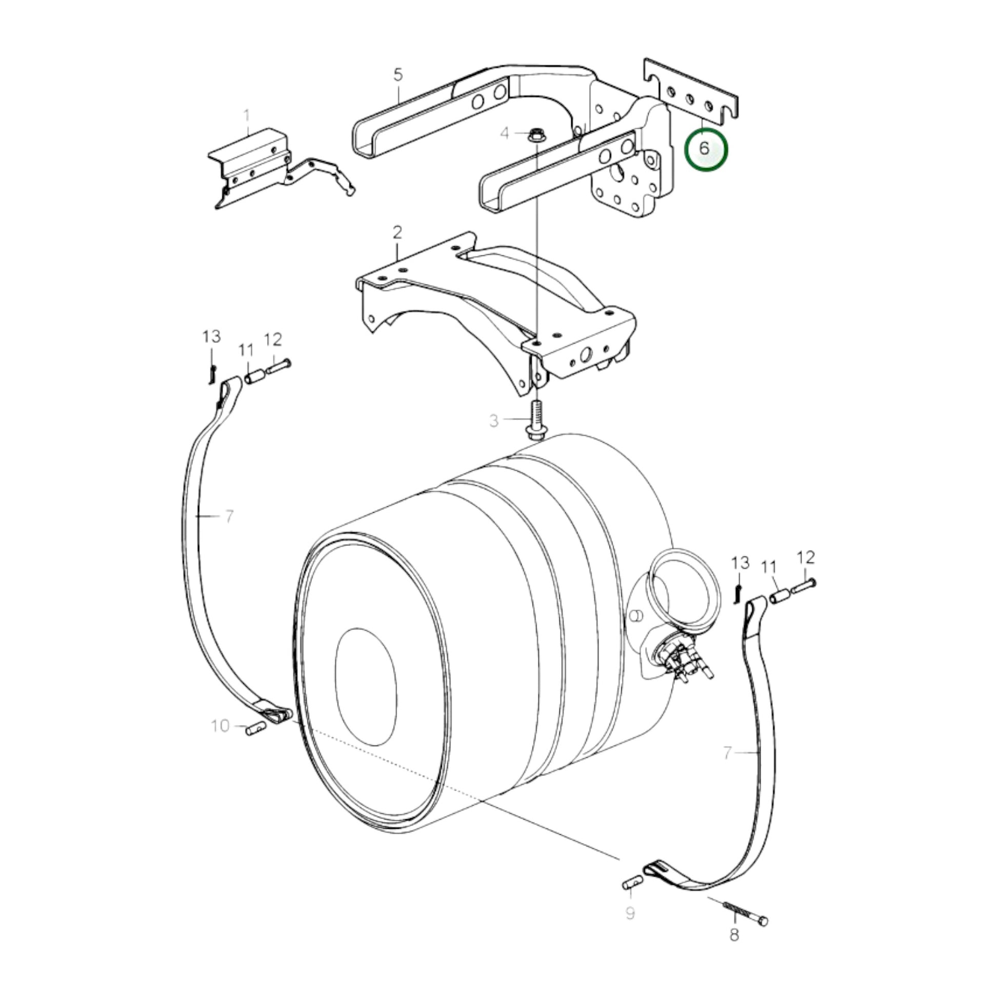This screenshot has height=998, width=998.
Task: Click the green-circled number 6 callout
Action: (705, 149)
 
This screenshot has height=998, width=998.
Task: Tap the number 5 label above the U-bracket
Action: (398, 74)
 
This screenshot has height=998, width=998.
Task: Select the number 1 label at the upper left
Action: (247, 116)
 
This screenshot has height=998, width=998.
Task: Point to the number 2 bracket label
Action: (397, 232)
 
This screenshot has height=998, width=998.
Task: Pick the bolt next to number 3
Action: (534, 421)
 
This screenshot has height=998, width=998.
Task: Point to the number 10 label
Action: (220, 726)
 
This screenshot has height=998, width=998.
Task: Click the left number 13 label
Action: (211, 337)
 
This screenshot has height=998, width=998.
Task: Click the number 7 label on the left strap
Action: (229, 516)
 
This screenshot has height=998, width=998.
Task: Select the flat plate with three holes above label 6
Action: (691, 93)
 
